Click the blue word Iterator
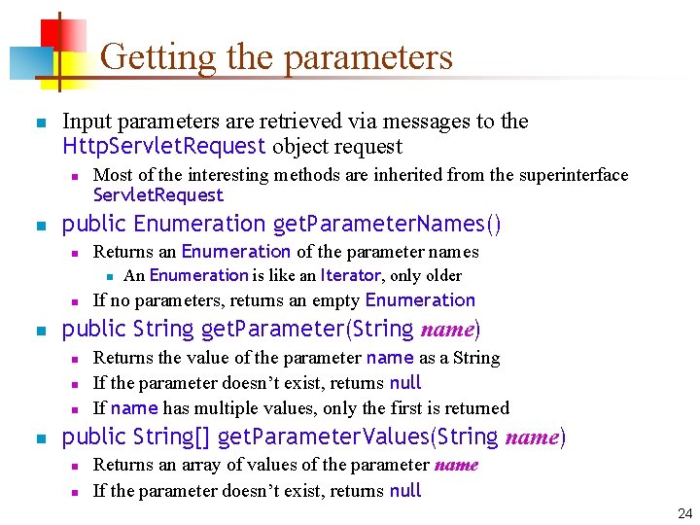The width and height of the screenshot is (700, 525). pyautogui.click(x=351, y=275)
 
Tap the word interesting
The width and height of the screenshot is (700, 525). pyautogui.click(x=208, y=175)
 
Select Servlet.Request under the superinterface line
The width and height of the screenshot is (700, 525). pyautogui.click(x=157, y=195)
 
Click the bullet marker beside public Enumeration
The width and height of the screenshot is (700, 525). pyautogui.click(x=39, y=226)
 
